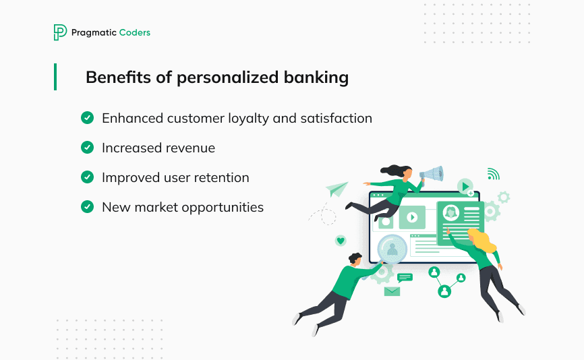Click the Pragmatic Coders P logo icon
[60, 32]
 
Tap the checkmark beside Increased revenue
[87, 148]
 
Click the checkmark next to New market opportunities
[87, 206]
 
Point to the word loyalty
[245, 119]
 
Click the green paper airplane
[337, 189]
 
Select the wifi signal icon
[493, 174]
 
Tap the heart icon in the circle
[341, 240]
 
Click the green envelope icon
[392, 291]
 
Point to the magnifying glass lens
[392, 249]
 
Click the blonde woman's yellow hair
[483, 239]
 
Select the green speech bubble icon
[405, 277]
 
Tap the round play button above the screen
[465, 186]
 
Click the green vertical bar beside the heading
[55, 77]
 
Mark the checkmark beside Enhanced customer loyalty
[87, 118]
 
